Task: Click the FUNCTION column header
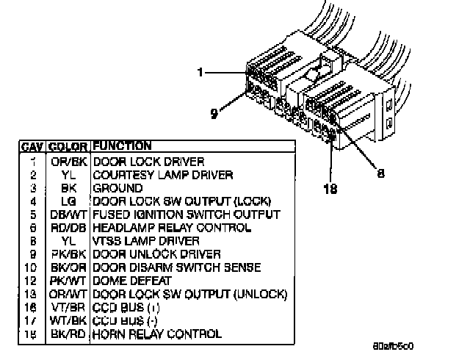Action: point(122,146)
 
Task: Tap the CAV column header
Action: point(32,146)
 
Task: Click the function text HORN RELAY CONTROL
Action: point(156,334)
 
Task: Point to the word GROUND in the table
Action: point(117,187)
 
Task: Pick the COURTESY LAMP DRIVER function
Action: point(162,174)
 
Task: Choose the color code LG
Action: point(70,201)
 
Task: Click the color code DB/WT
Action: point(70,214)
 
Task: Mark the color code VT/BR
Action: point(70,307)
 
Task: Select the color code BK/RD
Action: point(70,334)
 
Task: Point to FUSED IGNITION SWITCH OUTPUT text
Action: point(186,214)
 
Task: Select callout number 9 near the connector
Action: point(214,113)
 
